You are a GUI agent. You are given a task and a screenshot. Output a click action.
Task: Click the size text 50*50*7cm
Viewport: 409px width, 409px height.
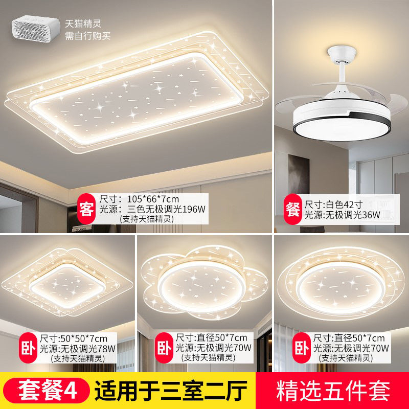pyautogui.click(x=75, y=337)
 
